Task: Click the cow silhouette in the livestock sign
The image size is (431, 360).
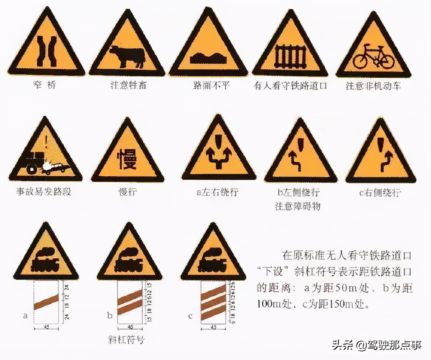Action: pyautogui.click(x=126, y=56)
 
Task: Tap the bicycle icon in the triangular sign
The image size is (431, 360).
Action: pyautogui.click(x=373, y=57)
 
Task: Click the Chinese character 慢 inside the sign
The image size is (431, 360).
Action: pyautogui.click(x=127, y=158)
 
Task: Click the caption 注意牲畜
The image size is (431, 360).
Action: pyautogui.click(x=128, y=86)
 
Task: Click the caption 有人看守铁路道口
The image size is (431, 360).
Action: pyautogui.click(x=291, y=86)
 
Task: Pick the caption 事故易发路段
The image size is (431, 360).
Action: pyautogui.click(x=44, y=191)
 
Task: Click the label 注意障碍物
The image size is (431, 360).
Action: pyautogui.click(x=298, y=206)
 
